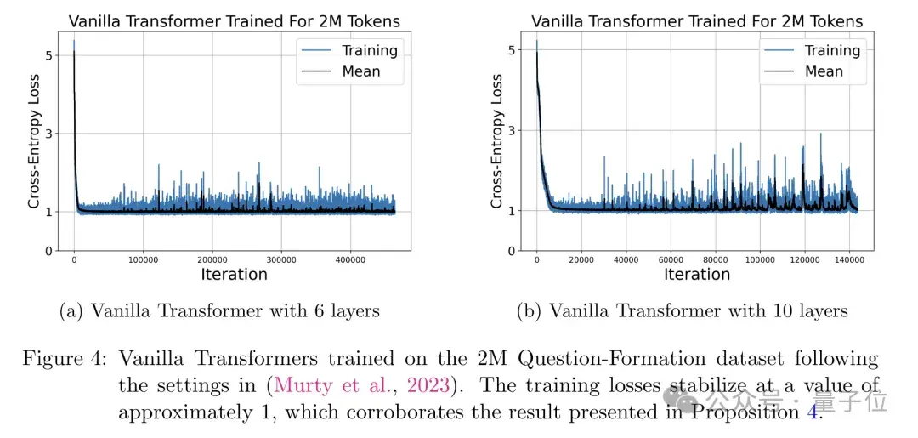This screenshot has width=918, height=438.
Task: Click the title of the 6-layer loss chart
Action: pyautogui.click(x=234, y=20)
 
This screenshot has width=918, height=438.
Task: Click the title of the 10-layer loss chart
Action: pyautogui.click(x=697, y=21)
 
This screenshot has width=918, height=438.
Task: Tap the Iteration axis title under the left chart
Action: pyautogui.click(x=234, y=274)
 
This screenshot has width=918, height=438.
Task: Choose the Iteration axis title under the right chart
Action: pyautogui.click(x=697, y=274)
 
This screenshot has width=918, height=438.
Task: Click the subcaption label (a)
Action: pyautogui.click(x=71, y=310)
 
